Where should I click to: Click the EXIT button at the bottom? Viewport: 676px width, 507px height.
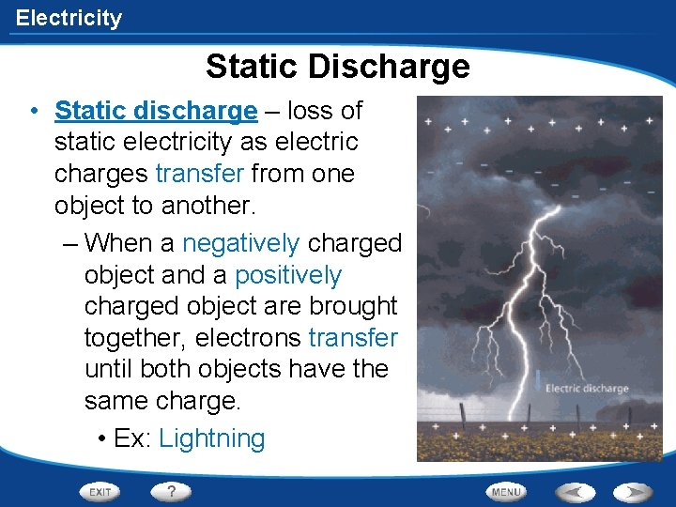click(x=100, y=492)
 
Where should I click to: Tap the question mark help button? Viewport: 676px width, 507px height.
click(x=171, y=491)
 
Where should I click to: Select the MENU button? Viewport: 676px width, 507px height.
click(x=505, y=492)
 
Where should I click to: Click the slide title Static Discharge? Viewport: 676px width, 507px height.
click(x=337, y=67)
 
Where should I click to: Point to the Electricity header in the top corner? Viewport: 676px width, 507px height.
click(x=69, y=18)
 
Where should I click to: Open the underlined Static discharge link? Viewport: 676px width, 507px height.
click(x=155, y=111)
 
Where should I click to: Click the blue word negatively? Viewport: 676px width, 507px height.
click(x=240, y=243)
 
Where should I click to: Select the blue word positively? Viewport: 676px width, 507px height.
click(x=288, y=275)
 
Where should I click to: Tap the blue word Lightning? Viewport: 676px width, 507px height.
click(x=212, y=438)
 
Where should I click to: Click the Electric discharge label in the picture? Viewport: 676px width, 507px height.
click(x=587, y=388)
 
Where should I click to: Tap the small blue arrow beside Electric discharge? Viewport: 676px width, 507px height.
click(x=538, y=379)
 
